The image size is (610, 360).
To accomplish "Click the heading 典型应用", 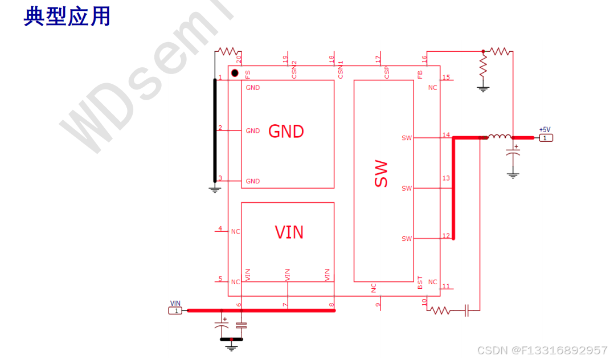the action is (x=67, y=17).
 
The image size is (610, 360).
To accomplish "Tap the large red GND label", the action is (x=286, y=132).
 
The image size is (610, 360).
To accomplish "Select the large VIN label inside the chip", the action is (x=289, y=232).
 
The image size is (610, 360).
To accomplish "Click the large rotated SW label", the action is (x=381, y=174).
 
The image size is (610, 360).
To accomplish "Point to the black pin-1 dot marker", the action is (x=235, y=73).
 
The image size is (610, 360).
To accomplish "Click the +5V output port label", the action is (x=545, y=130).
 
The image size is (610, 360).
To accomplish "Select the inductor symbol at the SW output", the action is (x=500, y=137).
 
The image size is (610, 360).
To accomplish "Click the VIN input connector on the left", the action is (x=176, y=310).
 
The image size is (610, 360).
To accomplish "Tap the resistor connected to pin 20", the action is (x=227, y=51).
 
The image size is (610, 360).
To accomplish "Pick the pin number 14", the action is (x=446, y=135).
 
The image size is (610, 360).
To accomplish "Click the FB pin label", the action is (x=420, y=73).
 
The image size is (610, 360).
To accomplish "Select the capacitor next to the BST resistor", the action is (x=466, y=310).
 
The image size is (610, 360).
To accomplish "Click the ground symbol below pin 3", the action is (x=215, y=189).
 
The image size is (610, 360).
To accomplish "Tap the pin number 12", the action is (x=446, y=236).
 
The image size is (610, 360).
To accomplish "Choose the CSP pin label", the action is (x=387, y=72).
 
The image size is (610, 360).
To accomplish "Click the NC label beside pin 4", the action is (x=235, y=232).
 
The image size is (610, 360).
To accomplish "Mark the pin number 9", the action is (x=378, y=305).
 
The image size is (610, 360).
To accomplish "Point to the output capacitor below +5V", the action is (x=513, y=154).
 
